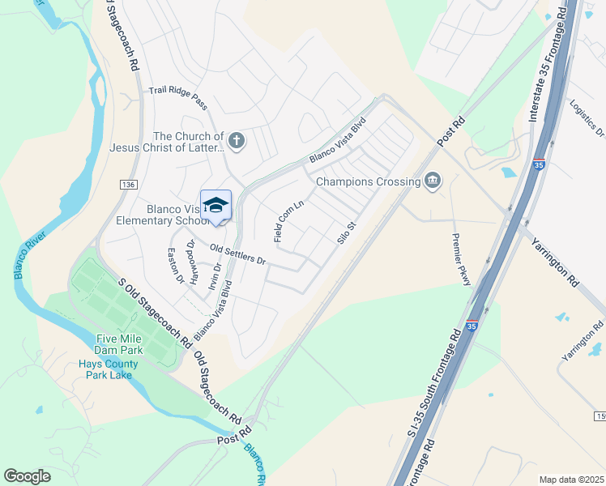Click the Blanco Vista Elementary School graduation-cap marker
pyautogui.click(x=216, y=206)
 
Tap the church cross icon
pyautogui.click(x=237, y=142)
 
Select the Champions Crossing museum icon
pyautogui.click(x=432, y=181)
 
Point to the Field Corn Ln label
pyautogui.click(x=288, y=221)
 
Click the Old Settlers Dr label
pyautogui.click(x=237, y=254)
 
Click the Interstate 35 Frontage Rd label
pyautogui.click(x=546, y=64)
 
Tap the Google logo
pyautogui.click(x=28, y=475)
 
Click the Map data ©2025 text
pyautogui.click(x=571, y=480)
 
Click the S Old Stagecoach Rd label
pyautogui.click(x=155, y=310)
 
